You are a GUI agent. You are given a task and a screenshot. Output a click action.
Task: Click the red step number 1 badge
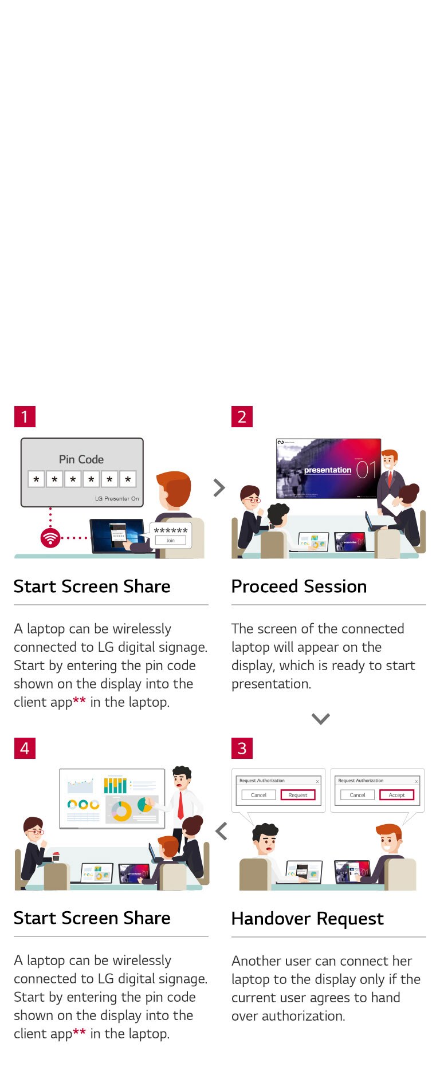click(25, 416)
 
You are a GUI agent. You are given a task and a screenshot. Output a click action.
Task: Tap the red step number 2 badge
click(242, 416)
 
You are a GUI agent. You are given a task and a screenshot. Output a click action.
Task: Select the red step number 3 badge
click(242, 748)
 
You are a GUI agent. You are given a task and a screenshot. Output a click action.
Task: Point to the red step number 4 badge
click(25, 748)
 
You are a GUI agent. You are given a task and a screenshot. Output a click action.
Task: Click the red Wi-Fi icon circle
click(50, 538)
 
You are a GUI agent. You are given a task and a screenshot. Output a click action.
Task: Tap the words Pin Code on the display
click(81, 459)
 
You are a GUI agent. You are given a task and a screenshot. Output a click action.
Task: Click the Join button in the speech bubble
click(171, 540)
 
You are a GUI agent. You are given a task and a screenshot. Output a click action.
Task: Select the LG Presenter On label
click(117, 498)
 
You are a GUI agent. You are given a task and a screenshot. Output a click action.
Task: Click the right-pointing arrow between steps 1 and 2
click(219, 487)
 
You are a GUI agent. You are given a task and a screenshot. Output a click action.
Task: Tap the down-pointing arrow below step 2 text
click(320, 718)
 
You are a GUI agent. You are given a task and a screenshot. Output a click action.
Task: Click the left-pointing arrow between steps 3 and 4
click(221, 831)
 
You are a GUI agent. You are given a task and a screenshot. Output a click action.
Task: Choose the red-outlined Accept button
click(396, 795)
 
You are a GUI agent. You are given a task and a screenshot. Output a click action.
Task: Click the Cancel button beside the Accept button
click(357, 795)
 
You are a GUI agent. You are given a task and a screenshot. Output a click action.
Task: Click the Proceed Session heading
click(298, 586)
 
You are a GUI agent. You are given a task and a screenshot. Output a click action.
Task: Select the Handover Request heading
click(307, 918)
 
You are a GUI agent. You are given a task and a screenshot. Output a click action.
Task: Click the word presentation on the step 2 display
click(327, 470)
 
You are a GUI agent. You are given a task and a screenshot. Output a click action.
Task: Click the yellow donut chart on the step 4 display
click(121, 811)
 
